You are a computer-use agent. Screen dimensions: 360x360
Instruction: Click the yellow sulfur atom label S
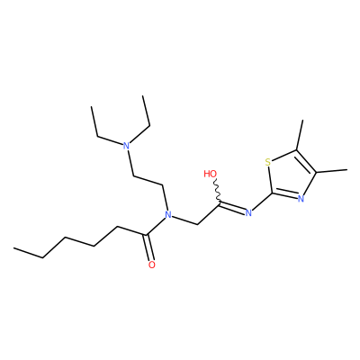[268, 162]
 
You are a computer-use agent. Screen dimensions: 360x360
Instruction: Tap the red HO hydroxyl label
[211, 174]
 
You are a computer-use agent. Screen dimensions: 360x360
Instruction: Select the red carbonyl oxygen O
[152, 265]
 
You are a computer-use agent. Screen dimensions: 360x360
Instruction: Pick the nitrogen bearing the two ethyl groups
[127, 146]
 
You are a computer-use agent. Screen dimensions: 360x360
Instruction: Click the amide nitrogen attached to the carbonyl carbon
[168, 214]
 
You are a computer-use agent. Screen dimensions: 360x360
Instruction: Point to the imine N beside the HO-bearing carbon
[248, 213]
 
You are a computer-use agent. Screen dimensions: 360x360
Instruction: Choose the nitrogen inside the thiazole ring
[301, 198]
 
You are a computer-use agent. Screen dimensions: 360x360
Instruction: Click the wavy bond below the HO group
[218, 190]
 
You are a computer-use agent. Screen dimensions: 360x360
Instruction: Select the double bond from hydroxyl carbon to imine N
[232, 208]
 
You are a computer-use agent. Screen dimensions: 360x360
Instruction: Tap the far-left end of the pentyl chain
[13, 248]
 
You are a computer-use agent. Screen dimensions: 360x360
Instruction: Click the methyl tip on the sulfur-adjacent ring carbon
[302, 121]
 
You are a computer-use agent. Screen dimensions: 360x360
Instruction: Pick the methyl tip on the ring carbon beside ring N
[347, 170]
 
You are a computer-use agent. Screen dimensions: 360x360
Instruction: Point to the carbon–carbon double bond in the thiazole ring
[305, 162]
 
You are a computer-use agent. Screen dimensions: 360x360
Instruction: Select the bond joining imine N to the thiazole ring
[262, 201]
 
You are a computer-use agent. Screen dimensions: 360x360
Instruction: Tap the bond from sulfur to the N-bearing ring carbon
[270, 180]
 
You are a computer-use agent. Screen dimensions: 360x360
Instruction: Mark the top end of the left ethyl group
[91, 106]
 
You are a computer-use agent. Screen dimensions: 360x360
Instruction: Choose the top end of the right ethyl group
[143, 95]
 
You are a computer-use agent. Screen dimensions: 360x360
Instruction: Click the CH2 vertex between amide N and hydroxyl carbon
[198, 224]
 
